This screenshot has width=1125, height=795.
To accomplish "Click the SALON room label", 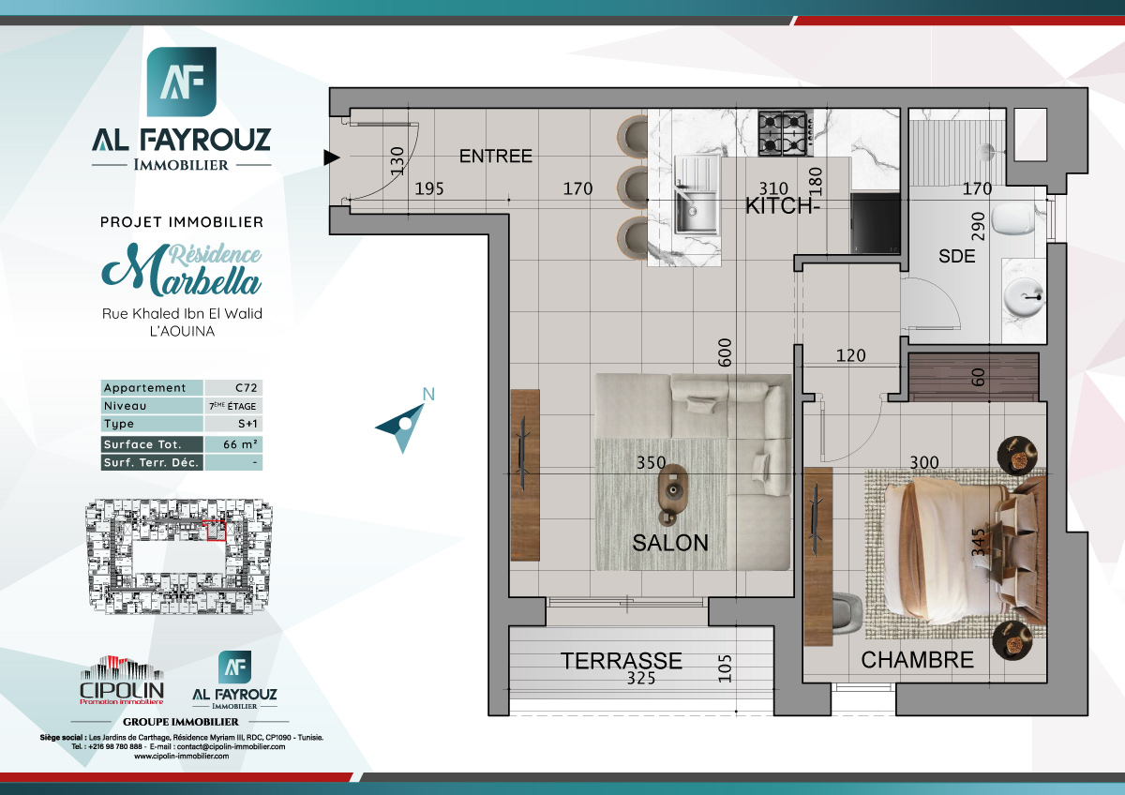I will (x=669, y=542).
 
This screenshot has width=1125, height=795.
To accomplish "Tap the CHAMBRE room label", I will (x=917, y=659).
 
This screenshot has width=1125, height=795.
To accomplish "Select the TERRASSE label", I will (x=621, y=660).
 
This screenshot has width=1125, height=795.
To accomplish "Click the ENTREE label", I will (x=495, y=157).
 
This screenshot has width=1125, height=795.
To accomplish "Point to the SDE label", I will (x=957, y=255).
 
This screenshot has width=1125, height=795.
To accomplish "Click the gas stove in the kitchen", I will (x=784, y=133).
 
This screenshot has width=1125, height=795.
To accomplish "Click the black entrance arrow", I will (x=330, y=157).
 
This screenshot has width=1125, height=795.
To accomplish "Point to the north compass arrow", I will (x=403, y=425).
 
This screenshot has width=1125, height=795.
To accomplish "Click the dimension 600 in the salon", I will (x=724, y=353).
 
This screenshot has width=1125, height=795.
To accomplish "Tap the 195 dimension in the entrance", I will (x=429, y=189).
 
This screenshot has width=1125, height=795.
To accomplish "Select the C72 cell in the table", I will (x=233, y=387).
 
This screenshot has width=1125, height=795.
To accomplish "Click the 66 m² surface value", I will (x=233, y=444).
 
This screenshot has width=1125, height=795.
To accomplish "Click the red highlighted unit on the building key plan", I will (x=216, y=532).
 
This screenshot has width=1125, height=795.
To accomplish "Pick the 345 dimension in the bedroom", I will (x=979, y=544).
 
